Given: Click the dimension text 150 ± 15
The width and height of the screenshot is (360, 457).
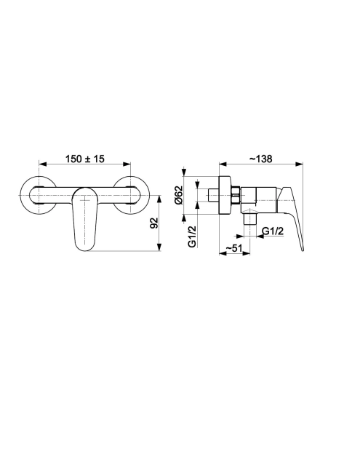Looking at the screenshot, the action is [84, 159].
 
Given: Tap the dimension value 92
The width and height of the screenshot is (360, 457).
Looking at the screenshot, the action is [153, 223].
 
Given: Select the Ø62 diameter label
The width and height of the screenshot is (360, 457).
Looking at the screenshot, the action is [178, 195].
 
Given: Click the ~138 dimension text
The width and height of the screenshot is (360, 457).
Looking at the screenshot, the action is [260, 159].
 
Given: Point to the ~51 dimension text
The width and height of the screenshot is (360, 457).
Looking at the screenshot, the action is [234, 248].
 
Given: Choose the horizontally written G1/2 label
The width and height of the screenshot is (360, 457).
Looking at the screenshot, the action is [273, 231].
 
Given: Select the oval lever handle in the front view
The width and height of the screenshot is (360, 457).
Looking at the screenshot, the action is [84, 219].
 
